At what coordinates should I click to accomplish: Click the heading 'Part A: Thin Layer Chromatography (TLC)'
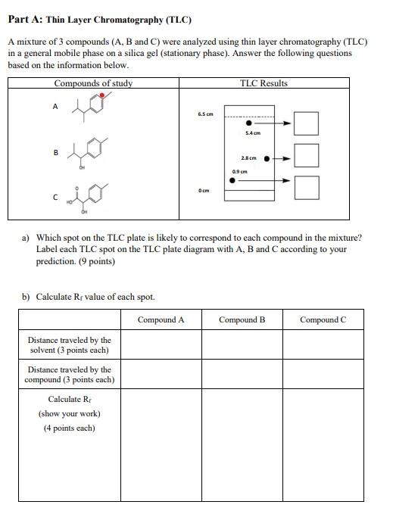(99, 20)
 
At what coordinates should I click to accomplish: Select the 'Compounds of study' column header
(93, 83)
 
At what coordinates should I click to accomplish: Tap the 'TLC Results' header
(264, 83)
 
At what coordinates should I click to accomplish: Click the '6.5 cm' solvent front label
(204, 114)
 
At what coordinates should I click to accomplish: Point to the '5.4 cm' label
(252, 133)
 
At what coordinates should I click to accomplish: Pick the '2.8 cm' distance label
(248, 158)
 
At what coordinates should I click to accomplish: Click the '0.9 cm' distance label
(240, 172)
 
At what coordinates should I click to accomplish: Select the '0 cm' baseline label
(204, 192)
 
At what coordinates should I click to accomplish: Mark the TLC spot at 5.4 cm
(249, 123)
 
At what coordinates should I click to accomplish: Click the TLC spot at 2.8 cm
(266, 159)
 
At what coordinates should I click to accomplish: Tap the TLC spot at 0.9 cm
(232, 180)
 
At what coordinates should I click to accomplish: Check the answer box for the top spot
(306, 123)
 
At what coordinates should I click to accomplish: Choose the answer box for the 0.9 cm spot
(306, 187)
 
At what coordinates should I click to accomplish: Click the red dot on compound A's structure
(101, 97)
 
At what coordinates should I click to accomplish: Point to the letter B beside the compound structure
(55, 153)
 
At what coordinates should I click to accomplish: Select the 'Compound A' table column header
(161, 319)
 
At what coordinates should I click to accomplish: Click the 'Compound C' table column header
(323, 319)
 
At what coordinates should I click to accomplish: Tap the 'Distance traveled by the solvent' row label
(70, 345)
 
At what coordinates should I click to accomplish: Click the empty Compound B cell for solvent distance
(242, 345)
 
